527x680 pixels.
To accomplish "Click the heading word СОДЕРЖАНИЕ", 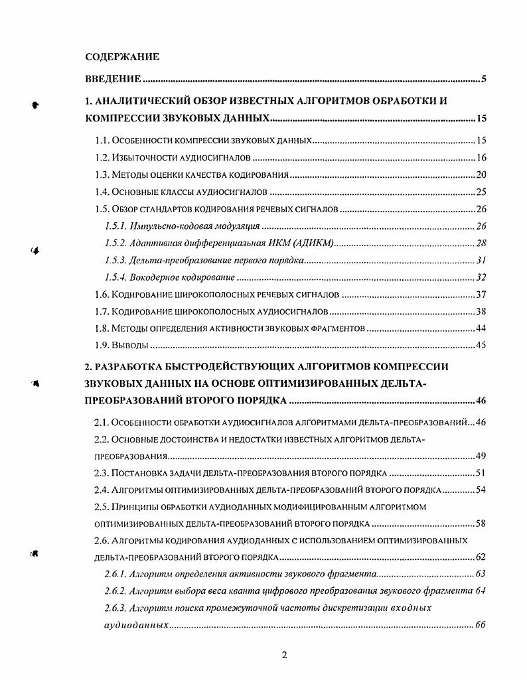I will (123, 56).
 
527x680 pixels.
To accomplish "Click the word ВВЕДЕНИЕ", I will (113, 80).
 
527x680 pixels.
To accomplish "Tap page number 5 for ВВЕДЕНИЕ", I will (485, 80).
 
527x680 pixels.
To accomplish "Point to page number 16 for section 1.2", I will (482, 158).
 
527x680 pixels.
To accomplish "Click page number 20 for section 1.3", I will (482, 175).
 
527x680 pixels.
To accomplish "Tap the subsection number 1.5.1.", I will (116, 226).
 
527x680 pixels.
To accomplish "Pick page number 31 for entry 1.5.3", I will (483, 260).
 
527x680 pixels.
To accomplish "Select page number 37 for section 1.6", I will (482, 295).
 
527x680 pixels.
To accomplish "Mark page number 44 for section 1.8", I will (482, 328).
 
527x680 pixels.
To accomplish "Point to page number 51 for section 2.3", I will (482, 473).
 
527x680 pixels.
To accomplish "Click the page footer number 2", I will (284, 656).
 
